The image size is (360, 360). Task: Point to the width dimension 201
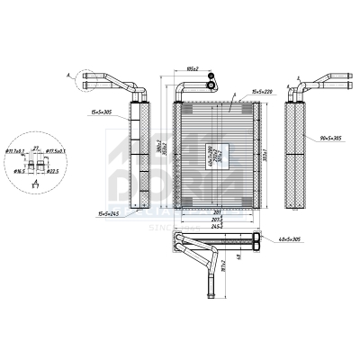point(208,212)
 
